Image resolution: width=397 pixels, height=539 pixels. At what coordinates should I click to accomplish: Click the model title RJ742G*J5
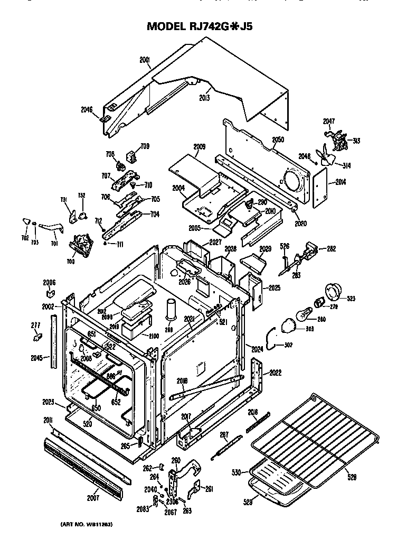(x=200, y=26)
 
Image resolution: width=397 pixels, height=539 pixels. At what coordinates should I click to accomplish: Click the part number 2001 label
(x=145, y=61)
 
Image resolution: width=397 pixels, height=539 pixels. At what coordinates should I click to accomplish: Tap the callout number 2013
(x=205, y=98)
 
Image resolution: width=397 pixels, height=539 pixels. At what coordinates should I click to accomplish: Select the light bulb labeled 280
(x=303, y=316)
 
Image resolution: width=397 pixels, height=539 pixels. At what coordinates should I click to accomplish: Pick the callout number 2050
(x=278, y=140)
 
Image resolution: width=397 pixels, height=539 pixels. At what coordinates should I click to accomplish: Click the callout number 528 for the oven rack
(x=351, y=477)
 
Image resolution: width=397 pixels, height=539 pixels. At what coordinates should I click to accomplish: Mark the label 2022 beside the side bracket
(x=275, y=373)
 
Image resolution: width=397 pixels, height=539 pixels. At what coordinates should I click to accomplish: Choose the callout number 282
(x=331, y=248)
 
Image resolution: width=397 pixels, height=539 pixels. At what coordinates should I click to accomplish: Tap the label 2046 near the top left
(x=87, y=110)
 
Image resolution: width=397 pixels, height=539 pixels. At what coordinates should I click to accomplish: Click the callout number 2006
(x=49, y=283)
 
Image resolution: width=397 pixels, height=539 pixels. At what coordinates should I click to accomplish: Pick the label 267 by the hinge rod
(x=224, y=435)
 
